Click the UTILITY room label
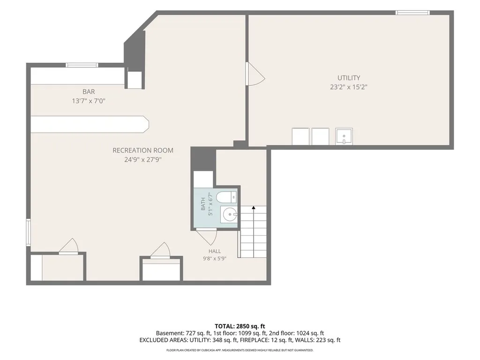coord(349,78)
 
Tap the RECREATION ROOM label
coord(143,150)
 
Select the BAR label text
coord(89,91)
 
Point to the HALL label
coord(215,251)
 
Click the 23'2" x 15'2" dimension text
coord(349,87)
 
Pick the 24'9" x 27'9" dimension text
coord(143,159)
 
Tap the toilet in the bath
coord(226,197)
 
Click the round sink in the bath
coord(229,214)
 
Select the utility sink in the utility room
coord(344,136)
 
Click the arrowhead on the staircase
coord(254,208)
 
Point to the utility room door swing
coord(256,74)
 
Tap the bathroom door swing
coord(207,237)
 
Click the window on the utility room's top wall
coord(412,13)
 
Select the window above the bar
coord(82,65)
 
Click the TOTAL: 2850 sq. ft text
coord(240,326)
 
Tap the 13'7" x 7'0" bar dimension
coord(89,101)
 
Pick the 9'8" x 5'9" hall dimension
coord(215,258)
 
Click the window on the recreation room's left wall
coord(28,232)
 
